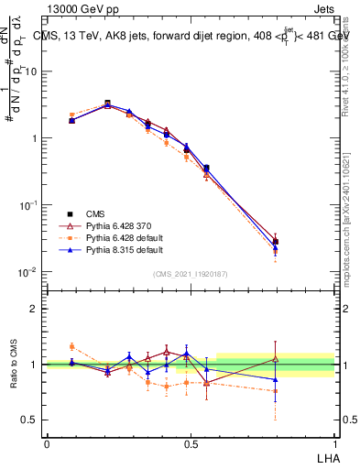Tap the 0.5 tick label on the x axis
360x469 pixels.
point(191,442)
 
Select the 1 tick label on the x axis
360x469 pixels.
point(334,442)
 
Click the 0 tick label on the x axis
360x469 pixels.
point(47,442)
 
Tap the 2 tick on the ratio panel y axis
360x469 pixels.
point(36,309)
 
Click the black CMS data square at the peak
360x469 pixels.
point(107,104)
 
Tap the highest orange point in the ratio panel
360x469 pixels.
point(71,346)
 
